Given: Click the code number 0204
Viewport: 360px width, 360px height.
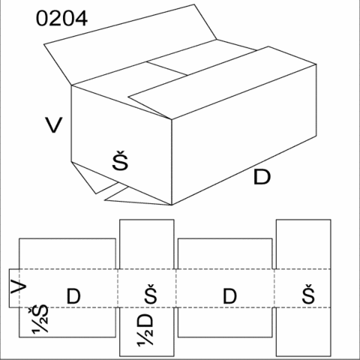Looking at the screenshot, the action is click(61, 18).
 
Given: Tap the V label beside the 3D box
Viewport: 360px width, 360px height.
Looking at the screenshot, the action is click(53, 125).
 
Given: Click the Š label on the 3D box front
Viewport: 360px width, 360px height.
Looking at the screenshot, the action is click(120, 160).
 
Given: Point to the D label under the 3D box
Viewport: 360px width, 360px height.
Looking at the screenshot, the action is click(262, 177).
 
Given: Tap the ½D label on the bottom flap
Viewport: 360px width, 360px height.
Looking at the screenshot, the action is click(145, 329).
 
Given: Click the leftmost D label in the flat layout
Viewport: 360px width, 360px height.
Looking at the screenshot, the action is click(73, 296).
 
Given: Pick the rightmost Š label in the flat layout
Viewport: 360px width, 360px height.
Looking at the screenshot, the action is click(308, 294).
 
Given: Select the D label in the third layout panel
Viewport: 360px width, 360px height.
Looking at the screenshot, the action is click(229, 296).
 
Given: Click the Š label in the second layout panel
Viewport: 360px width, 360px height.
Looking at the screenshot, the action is click(151, 294).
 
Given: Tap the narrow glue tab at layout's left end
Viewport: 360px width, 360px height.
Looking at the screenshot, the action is click(14, 288).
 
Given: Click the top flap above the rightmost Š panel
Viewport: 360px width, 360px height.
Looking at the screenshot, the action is click(304, 244).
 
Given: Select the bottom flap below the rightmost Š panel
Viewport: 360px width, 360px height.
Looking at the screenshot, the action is click(304, 331).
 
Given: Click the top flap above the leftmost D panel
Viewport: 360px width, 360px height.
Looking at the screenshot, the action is click(67, 253).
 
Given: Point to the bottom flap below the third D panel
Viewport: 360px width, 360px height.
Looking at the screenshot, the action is click(225, 322).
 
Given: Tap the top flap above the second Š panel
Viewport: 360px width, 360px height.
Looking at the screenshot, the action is click(147, 244).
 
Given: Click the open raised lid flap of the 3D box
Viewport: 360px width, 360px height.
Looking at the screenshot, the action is click(130, 45).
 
